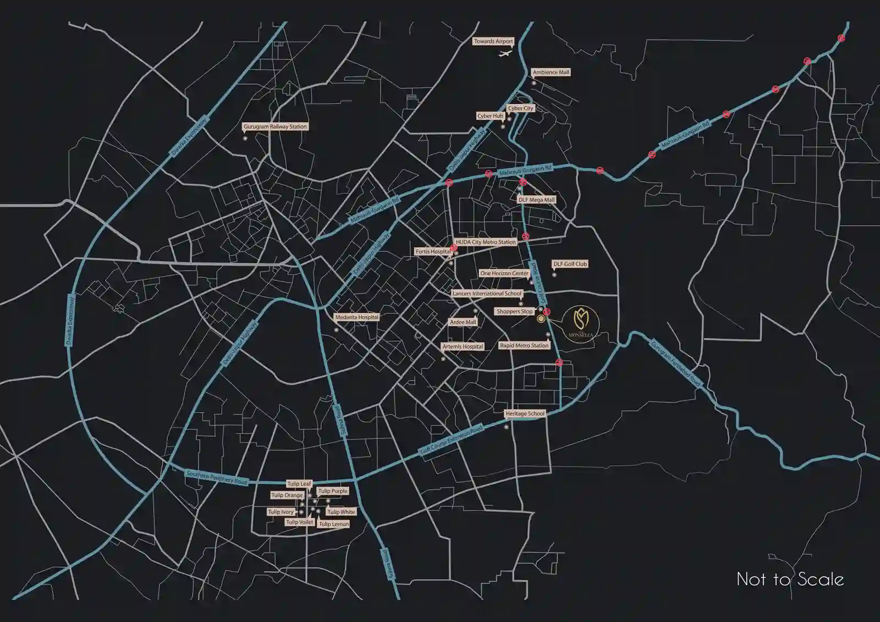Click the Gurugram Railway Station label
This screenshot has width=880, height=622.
[x=275, y=126]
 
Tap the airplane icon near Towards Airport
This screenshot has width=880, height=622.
[x=505, y=53]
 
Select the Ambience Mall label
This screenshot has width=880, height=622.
[x=551, y=73]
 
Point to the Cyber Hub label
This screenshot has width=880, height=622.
[x=490, y=116]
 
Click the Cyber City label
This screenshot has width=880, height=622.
[x=520, y=108]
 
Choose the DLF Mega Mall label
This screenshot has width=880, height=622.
[x=536, y=200]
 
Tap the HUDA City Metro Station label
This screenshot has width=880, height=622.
[x=486, y=242]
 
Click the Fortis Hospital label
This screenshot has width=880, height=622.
[x=433, y=252]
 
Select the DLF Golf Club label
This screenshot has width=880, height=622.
[x=570, y=264]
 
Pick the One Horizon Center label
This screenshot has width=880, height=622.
[x=504, y=273]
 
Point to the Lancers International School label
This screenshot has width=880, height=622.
[x=487, y=294]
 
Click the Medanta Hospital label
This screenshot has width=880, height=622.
[x=357, y=317]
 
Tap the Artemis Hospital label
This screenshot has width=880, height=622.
[x=463, y=347]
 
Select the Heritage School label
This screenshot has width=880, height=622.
[x=525, y=414]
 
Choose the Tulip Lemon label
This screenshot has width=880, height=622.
[x=334, y=524]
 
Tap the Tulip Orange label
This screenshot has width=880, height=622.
[x=287, y=496]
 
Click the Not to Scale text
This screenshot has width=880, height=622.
[x=790, y=579]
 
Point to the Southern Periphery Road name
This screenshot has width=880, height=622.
[x=217, y=477]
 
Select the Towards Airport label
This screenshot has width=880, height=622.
[x=493, y=41]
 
